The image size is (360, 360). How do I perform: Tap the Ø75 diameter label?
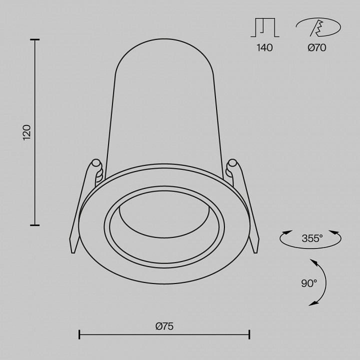[x=164, y=326]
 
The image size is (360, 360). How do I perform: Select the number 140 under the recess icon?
[x=264, y=48]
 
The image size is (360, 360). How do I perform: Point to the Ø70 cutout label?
[x=316, y=48]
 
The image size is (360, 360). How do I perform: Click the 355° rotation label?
[x=312, y=238]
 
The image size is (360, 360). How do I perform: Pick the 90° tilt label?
[x=309, y=283]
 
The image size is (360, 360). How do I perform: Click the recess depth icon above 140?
[x=264, y=28]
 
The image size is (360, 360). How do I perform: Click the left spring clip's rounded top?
[x=96, y=163]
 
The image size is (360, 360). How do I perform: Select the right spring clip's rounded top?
[x=232, y=163]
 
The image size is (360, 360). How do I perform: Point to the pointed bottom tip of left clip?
[x=72, y=252]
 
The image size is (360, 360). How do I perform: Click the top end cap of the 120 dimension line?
[x=34, y=39]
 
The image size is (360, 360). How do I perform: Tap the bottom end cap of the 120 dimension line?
[x=34, y=225]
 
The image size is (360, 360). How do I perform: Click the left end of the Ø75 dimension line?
[x=79, y=334]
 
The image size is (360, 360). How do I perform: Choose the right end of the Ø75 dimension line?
[x=249, y=334]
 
